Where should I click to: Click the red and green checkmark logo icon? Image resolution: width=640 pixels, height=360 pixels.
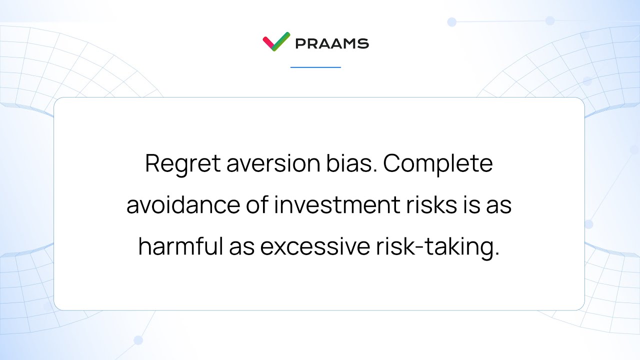coord(276,41)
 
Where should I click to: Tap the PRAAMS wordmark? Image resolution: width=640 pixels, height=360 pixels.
coord(331,43)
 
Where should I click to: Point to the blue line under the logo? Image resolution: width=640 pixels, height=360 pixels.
coord(315,67)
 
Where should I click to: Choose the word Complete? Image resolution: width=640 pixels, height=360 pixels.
coord(438,164)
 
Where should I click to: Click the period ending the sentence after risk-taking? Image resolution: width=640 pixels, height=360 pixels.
coord(497,254)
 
